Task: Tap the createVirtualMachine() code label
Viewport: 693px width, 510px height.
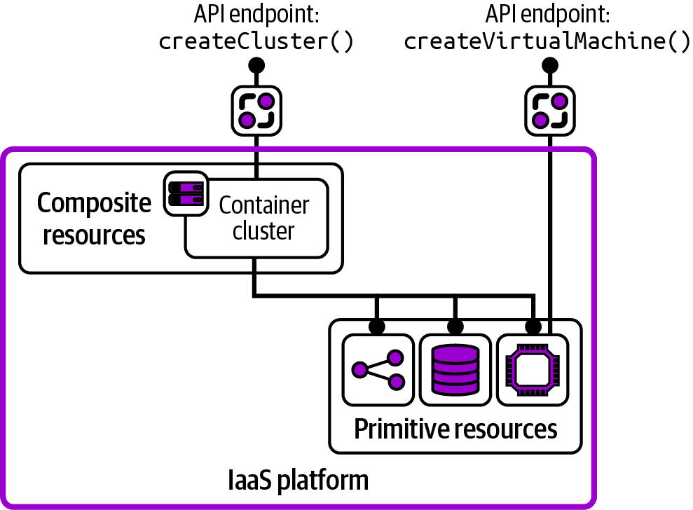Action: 547,42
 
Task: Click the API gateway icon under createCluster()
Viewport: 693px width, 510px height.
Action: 256,111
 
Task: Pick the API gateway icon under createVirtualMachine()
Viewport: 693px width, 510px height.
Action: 550,111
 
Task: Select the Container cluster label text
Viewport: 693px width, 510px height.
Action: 263,218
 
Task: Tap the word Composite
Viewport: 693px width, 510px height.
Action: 94,203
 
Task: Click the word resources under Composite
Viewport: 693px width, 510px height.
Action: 94,235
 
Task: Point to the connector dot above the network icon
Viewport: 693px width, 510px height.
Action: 378,326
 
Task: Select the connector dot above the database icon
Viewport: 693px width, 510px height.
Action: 455,326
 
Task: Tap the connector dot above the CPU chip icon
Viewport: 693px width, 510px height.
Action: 533,326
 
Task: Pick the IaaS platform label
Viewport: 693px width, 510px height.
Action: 299,481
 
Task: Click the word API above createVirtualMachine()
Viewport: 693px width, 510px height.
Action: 499,15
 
